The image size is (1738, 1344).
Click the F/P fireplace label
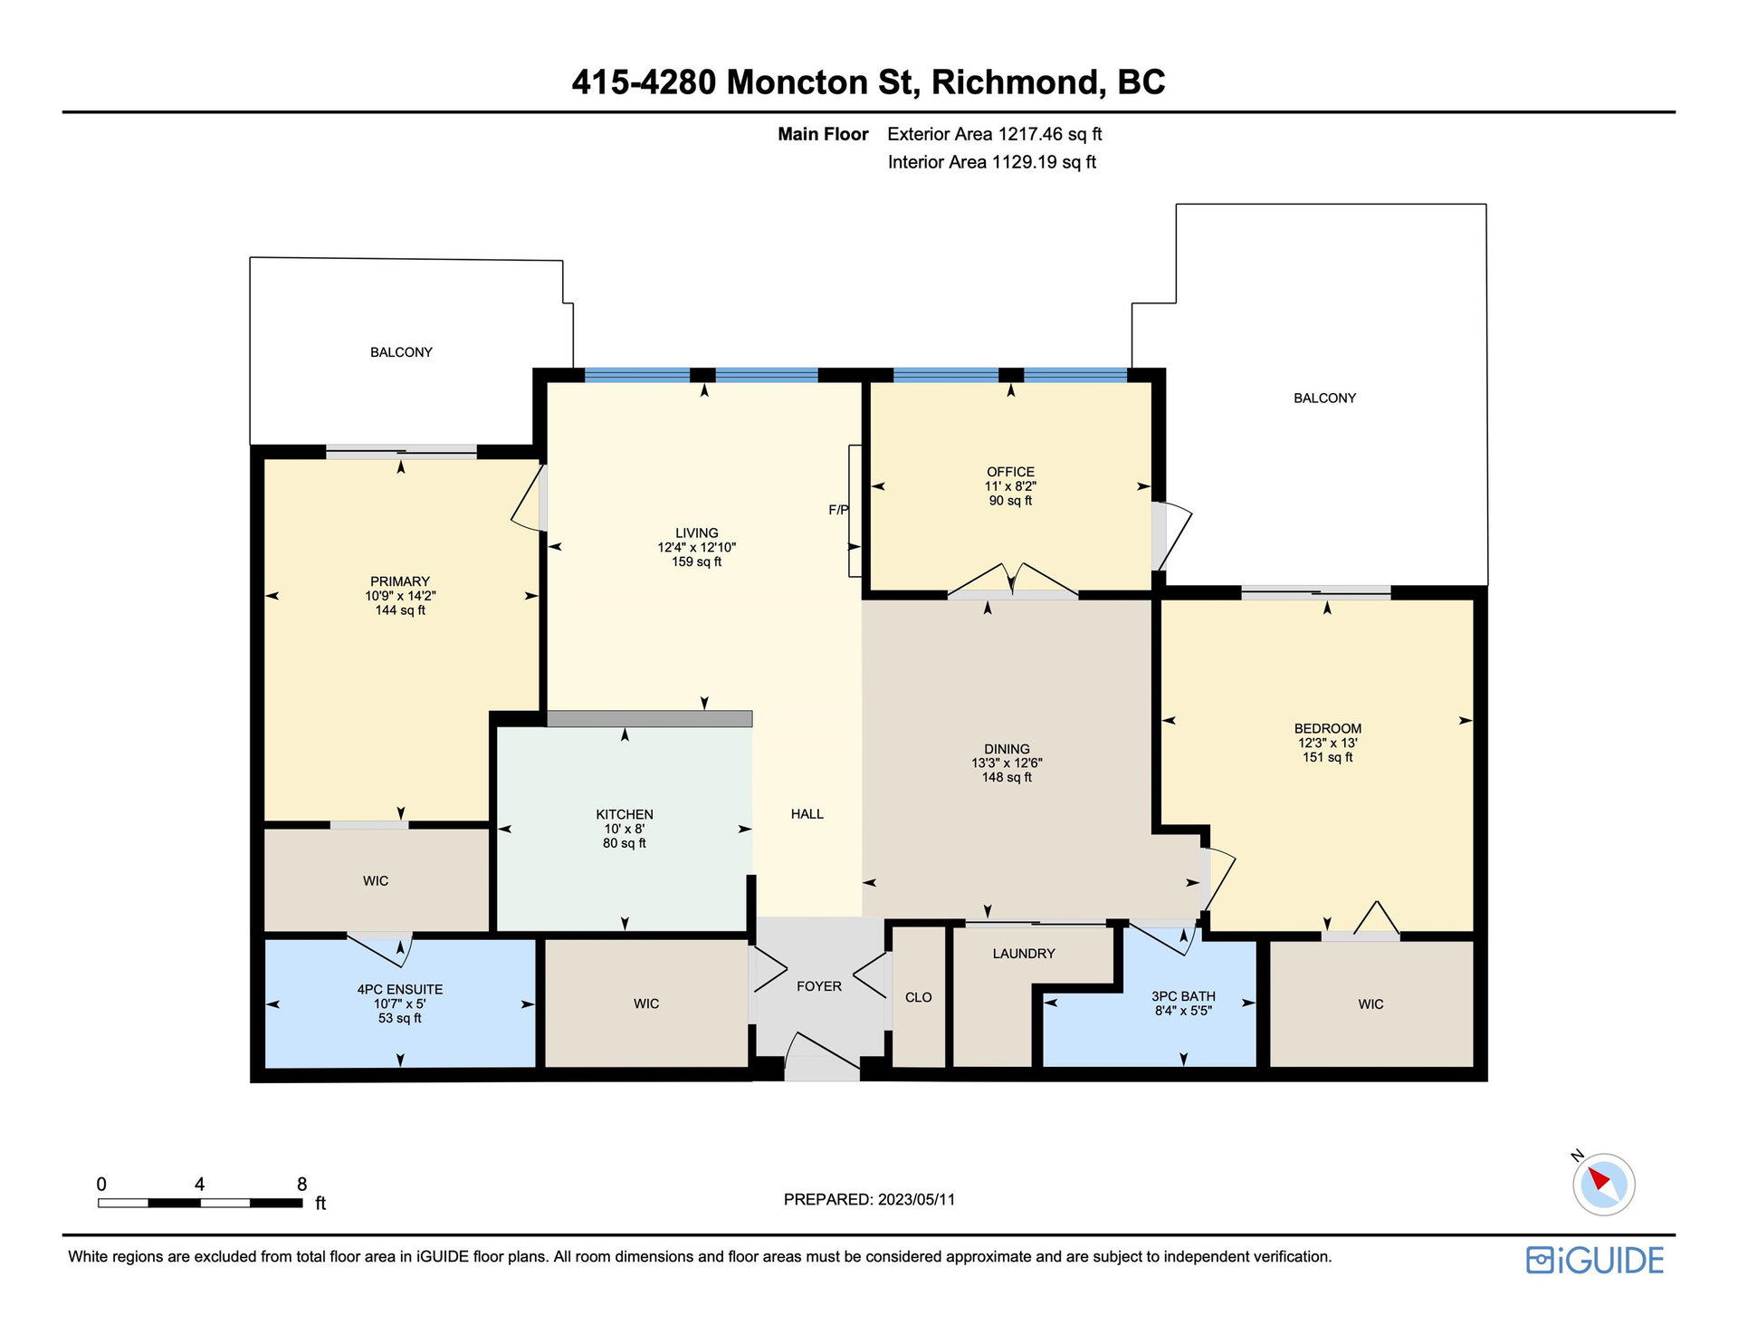pos(838,510)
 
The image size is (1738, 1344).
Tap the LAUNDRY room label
pos(1024,954)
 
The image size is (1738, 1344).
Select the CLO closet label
pos(918,997)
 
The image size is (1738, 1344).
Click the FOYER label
pos(819,986)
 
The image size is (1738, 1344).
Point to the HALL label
pos(807,814)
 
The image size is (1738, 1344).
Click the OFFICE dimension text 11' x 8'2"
pos(1010,486)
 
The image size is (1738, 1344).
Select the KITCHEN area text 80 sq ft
pos(625,843)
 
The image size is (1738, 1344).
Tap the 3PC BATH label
pos(1183,996)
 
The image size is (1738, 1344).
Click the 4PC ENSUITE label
pos(400,990)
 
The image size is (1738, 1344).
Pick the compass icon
pos(1603,1184)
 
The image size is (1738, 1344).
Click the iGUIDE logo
pos(1595,1260)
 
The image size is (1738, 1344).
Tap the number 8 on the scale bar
pos(302,1184)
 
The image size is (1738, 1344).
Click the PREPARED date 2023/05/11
pos(916,1199)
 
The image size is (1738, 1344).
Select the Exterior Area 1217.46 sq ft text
pos(995,134)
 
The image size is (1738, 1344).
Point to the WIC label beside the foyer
pos(646,1003)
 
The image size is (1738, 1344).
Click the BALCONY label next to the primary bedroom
pos(401,352)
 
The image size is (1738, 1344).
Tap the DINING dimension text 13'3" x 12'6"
pos(1007,763)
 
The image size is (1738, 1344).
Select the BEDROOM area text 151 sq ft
pos(1328,757)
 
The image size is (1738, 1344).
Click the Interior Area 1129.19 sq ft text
pos(992,162)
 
